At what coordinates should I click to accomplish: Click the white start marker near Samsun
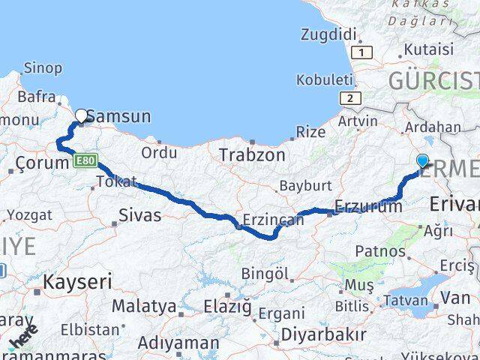[81, 115]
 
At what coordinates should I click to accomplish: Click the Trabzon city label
[252, 155]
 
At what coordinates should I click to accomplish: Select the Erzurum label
[368, 207]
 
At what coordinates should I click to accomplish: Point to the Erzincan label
[274, 220]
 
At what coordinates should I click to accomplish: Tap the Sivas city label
[140, 215]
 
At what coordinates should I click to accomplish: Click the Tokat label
[118, 181]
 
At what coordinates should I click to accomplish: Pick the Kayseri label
[78, 282]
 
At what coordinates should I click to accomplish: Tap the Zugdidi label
[327, 34]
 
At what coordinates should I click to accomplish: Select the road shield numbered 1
[364, 52]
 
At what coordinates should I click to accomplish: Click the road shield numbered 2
[349, 97]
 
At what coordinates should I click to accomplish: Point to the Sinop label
[43, 68]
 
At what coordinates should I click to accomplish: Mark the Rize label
[311, 131]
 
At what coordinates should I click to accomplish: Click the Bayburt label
[305, 184]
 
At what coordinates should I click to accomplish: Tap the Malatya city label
[144, 306]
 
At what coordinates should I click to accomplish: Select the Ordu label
[159, 152]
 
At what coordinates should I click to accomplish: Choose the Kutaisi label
[428, 49]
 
